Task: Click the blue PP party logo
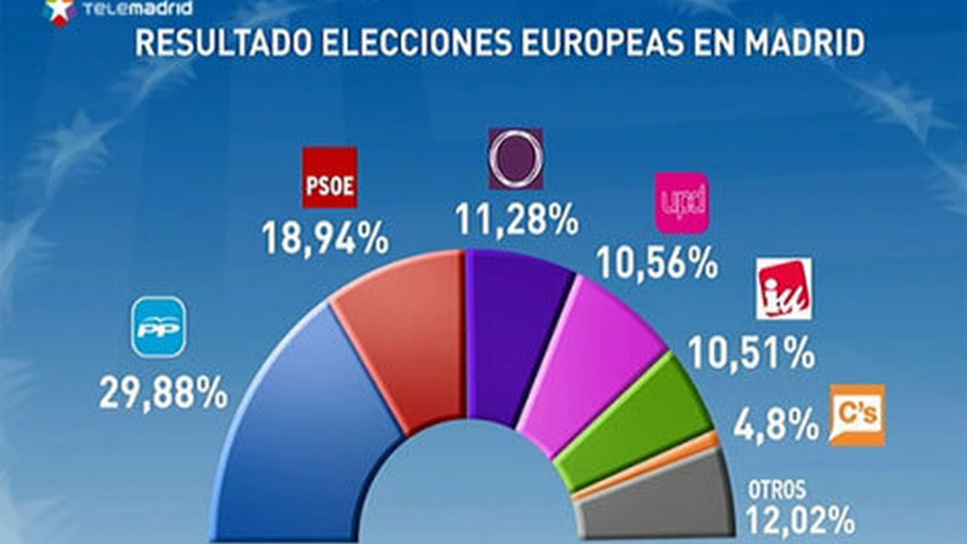click(x=159, y=327)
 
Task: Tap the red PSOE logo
click(x=330, y=178)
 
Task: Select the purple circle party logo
click(x=515, y=159)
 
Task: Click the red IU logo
click(x=783, y=289)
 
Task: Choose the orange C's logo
click(x=857, y=415)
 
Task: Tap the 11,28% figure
click(x=516, y=220)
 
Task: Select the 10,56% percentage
click(x=658, y=263)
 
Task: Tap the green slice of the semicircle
click(x=632, y=424)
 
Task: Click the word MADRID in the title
click(x=794, y=44)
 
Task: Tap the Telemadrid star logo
click(x=60, y=10)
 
